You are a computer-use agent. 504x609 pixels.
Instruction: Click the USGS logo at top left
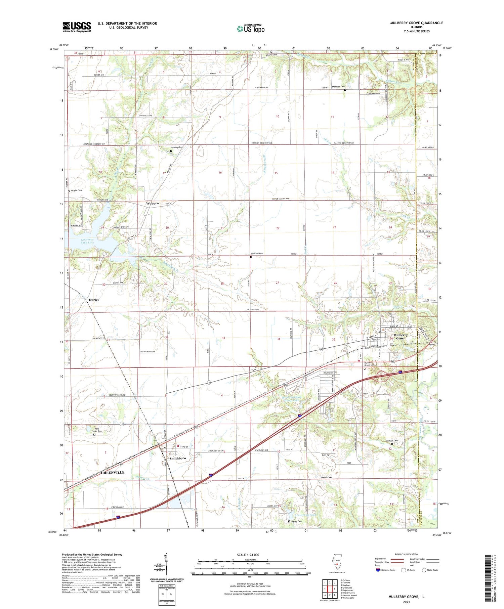tap(77, 27)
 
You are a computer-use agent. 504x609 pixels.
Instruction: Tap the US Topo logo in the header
tap(250, 29)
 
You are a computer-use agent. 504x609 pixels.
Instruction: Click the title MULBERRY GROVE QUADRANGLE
tap(412, 23)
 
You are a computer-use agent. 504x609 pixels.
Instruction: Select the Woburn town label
tap(152, 204)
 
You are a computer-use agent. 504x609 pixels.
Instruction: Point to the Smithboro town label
tap(178, 458)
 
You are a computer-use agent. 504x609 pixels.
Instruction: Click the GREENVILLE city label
tap(113, 472)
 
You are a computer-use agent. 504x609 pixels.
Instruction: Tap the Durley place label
tap(94, 300)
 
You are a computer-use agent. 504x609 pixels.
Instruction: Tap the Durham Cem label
tap(391, 441)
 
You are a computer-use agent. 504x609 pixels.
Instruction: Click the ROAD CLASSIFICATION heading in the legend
tap(406, 554)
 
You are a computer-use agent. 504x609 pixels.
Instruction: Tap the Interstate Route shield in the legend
tap(378, 570)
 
